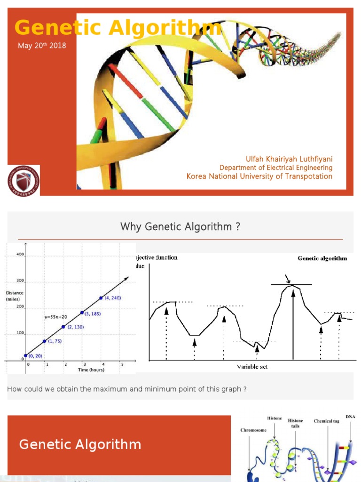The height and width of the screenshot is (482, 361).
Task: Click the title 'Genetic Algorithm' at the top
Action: click(118, 28)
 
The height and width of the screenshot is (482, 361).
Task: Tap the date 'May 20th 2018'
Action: click(42, 46)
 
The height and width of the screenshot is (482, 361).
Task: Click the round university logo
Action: click(24, 180)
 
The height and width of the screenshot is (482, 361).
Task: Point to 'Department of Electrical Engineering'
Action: click(276, 168)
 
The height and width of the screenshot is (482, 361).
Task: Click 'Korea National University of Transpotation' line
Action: click(259, 177)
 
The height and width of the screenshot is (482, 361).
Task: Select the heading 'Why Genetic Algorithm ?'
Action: click(180, 227)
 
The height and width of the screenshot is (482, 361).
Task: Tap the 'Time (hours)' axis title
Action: click(91, 370)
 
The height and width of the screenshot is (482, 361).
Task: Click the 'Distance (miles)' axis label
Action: click(15, 296)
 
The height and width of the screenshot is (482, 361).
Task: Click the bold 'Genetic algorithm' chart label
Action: click(322, 258)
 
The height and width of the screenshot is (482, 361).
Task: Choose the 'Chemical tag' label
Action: click(326, 421)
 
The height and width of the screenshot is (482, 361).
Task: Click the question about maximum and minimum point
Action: click(127, 389)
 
